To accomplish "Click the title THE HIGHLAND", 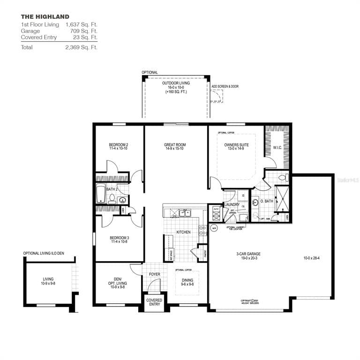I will tap(45, 17).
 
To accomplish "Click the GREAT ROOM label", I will tap(175, 147).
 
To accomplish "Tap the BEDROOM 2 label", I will tap(118, 146).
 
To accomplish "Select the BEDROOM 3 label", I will tap(119, 240).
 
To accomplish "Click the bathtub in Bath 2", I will tap(101, 193).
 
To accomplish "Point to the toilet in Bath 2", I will tap(112, 199).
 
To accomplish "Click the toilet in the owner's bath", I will tap(283, 178).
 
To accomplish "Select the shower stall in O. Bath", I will tap(282, 199).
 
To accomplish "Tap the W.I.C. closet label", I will tap(277, 148).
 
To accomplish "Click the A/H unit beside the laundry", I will tap(216, 213).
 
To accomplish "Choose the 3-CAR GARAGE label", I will tap(248, 256).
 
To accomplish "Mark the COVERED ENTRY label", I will tap(154, 302).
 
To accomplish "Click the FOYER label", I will tap(154, 274).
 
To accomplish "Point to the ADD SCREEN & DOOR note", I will tap(225, 87).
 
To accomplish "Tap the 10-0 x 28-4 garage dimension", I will tap(311, 258).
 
